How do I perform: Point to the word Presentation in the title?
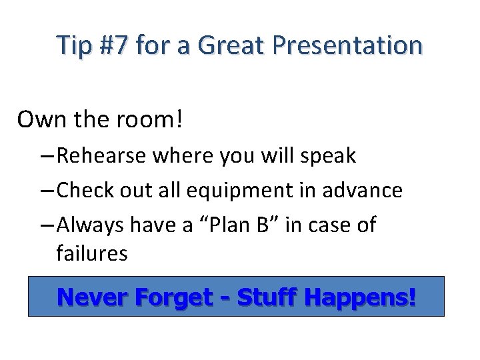point(346,46)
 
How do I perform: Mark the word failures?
point(92,254)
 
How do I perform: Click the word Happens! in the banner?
point(360,297)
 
